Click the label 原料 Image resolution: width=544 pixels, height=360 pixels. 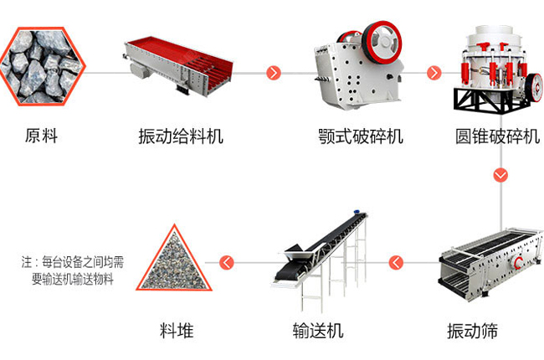(41, 136)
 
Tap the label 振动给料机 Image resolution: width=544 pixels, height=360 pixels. (181, 136)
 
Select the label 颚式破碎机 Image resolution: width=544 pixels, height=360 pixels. (361, 136)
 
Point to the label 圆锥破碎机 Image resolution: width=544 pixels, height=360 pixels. (497, 136)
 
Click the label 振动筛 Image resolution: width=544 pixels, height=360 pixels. (472, 331)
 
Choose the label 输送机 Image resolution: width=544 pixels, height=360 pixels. (318, 331)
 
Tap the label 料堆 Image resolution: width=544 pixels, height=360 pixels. (177, 331)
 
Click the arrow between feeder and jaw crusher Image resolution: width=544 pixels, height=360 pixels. (274, 73)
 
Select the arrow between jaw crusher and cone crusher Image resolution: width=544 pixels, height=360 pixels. (434, 73)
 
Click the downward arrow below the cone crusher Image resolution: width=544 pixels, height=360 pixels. (500, 175)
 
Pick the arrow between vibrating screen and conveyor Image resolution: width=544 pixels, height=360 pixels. (396, 262)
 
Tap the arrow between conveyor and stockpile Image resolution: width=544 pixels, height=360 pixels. (227, 262)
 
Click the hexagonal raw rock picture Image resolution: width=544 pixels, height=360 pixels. (42, 66)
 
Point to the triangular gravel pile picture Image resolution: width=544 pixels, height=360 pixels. (174, 264)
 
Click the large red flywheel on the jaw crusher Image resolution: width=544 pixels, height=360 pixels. (382, 43)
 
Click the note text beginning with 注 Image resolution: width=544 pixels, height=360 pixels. (73, 270)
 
